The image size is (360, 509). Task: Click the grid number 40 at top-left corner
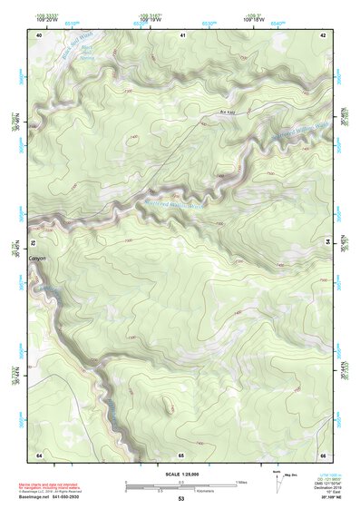(39, 34)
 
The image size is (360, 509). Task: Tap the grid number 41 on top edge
(181, 34)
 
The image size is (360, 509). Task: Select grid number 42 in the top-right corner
(323, 34)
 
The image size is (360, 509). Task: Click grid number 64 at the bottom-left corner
(39, 453)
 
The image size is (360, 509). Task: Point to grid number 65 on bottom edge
(181, 453)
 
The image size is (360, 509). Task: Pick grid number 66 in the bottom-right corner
(323, 453)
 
